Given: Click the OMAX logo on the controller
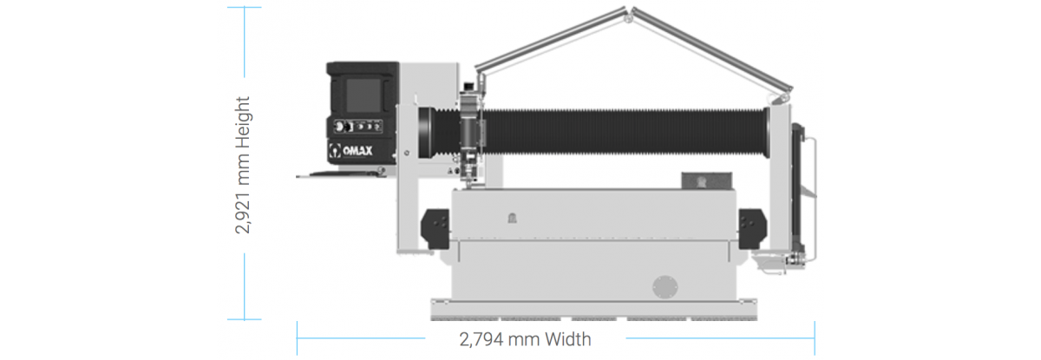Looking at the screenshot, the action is (x=350, y=151).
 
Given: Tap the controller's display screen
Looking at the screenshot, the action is (x=363, y=95).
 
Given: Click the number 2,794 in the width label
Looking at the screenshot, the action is (x=481, y=340).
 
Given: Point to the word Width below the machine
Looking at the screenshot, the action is (x=568, y=339).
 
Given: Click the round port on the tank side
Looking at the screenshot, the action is (x=665, y=286).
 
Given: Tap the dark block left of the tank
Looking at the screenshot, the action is (x=435, y=229).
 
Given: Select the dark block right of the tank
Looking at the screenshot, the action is (x=752, y=228).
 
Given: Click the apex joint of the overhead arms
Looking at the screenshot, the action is (x=629, y=16).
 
